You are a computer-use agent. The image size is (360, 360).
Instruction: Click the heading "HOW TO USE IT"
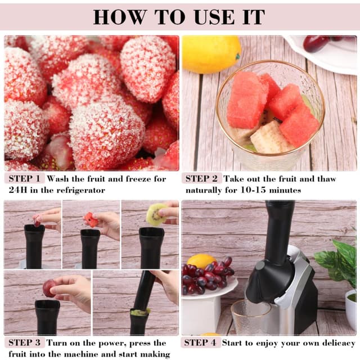click(179, 16)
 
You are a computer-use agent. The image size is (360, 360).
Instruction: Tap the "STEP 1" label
click(25, 179)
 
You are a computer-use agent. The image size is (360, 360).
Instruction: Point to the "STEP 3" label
click(25, 343)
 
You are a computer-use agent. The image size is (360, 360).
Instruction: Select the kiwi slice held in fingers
click(155, 214)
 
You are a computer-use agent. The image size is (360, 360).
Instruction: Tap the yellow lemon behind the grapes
click(201, 261)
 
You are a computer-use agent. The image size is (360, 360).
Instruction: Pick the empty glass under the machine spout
click(251, 317)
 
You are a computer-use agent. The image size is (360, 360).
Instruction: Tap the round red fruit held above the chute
click(49, 289)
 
